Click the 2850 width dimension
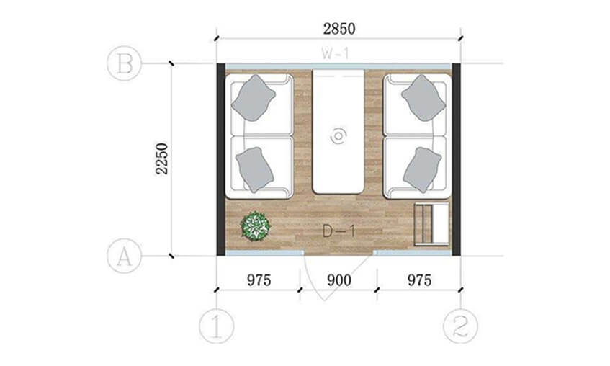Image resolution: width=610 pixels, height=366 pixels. [x=338, y=29]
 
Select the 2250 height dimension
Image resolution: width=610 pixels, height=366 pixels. [x=162, y=159]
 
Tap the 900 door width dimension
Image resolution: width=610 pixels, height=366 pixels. [x=338, y=280]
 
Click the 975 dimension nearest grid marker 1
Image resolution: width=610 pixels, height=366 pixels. [x=259, y=280]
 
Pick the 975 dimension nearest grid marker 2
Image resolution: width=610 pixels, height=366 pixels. [x=419, y=280]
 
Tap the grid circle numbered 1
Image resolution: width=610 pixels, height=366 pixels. [x=217, y=326]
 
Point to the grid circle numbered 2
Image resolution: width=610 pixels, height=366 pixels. [x=461, y=326]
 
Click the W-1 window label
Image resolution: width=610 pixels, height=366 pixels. [x=335, y=53]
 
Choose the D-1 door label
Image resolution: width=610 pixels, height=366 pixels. [x=338, y=231]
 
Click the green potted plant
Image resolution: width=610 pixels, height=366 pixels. [x=255, y=226]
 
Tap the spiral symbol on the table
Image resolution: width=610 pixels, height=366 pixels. [x=338, y=136]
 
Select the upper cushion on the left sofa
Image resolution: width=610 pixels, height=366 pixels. [x=254, y=98]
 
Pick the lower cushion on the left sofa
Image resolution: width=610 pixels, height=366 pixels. [x=254, y=169]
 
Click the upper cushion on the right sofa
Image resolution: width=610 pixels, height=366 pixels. [x=423, y=98]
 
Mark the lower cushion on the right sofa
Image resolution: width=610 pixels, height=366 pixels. [x=422, y=169]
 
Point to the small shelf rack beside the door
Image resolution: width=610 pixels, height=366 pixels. [x=432, y=224]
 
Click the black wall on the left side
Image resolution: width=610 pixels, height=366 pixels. [x=221, y=159]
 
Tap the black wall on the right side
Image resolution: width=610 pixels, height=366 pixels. [x=456, y=159]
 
